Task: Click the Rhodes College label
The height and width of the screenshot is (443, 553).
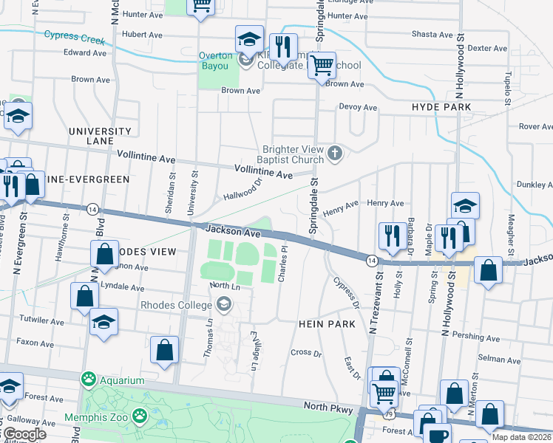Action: click(179, 304)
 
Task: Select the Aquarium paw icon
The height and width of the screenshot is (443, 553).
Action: click(89, 380)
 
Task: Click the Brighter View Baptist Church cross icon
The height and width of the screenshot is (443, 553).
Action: click(335, 153)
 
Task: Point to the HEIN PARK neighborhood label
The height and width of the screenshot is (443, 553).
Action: click(328, 324)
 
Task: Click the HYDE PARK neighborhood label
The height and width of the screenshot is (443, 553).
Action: click(441, 108)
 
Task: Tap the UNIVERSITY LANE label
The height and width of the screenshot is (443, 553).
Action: click(100, 136)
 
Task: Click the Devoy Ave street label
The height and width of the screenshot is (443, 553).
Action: click(359, 107)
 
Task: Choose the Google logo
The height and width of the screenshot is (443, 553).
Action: click(24, 434)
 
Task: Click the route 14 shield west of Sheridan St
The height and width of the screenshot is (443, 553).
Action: click(92, 209)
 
